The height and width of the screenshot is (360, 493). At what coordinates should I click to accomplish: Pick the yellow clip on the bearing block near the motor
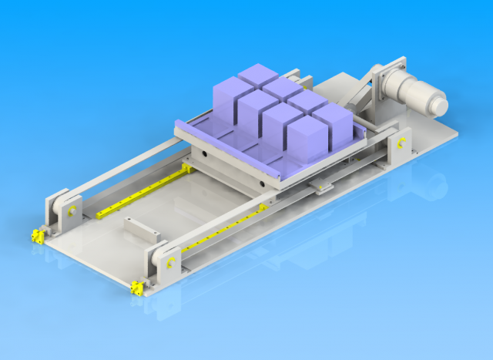click(x=401, y=143)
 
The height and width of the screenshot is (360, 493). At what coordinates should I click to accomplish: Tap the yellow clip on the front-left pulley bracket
click(x=71, y=210)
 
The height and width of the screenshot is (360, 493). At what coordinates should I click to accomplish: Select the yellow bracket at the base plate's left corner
click(x=35, y=236)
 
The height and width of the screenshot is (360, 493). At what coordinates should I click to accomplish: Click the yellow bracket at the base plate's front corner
click(x=137, y=288)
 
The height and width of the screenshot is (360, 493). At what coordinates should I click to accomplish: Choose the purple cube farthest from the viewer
click(x=258, y=77)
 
